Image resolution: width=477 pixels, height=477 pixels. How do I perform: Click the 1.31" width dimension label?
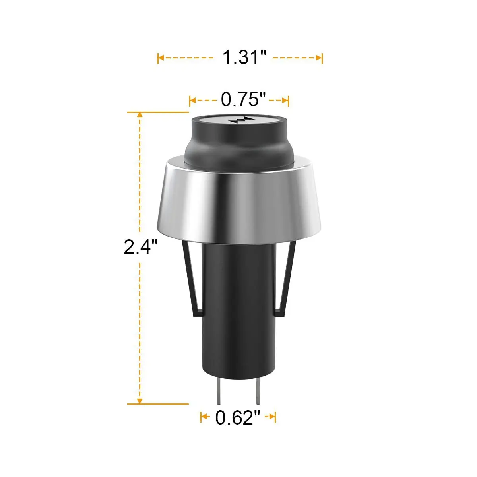click(x=243, y=58)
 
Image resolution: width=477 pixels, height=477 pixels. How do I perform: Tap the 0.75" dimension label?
click(x=242, y=99)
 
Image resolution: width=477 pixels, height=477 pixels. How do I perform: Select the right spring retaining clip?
click(x=286, y=278)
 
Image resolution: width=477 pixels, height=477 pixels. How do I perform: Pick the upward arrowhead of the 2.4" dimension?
click(x=140, y=115)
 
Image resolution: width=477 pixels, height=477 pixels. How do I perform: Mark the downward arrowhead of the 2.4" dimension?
click(x=140, y=401)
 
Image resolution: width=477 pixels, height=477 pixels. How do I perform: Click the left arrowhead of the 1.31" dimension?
click(x=160, y=58)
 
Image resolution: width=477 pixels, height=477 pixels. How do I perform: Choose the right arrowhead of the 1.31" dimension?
click(x=319, y=58)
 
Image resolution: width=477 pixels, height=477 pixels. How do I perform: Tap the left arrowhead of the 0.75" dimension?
click(x=192, y=101)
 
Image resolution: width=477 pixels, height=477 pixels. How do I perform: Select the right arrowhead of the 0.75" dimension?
click(x=286, y=101)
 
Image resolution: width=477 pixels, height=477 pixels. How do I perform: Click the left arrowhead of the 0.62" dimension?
click(x=204, y=417)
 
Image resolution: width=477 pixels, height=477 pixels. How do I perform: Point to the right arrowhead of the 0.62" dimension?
click(x=273, y=417)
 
